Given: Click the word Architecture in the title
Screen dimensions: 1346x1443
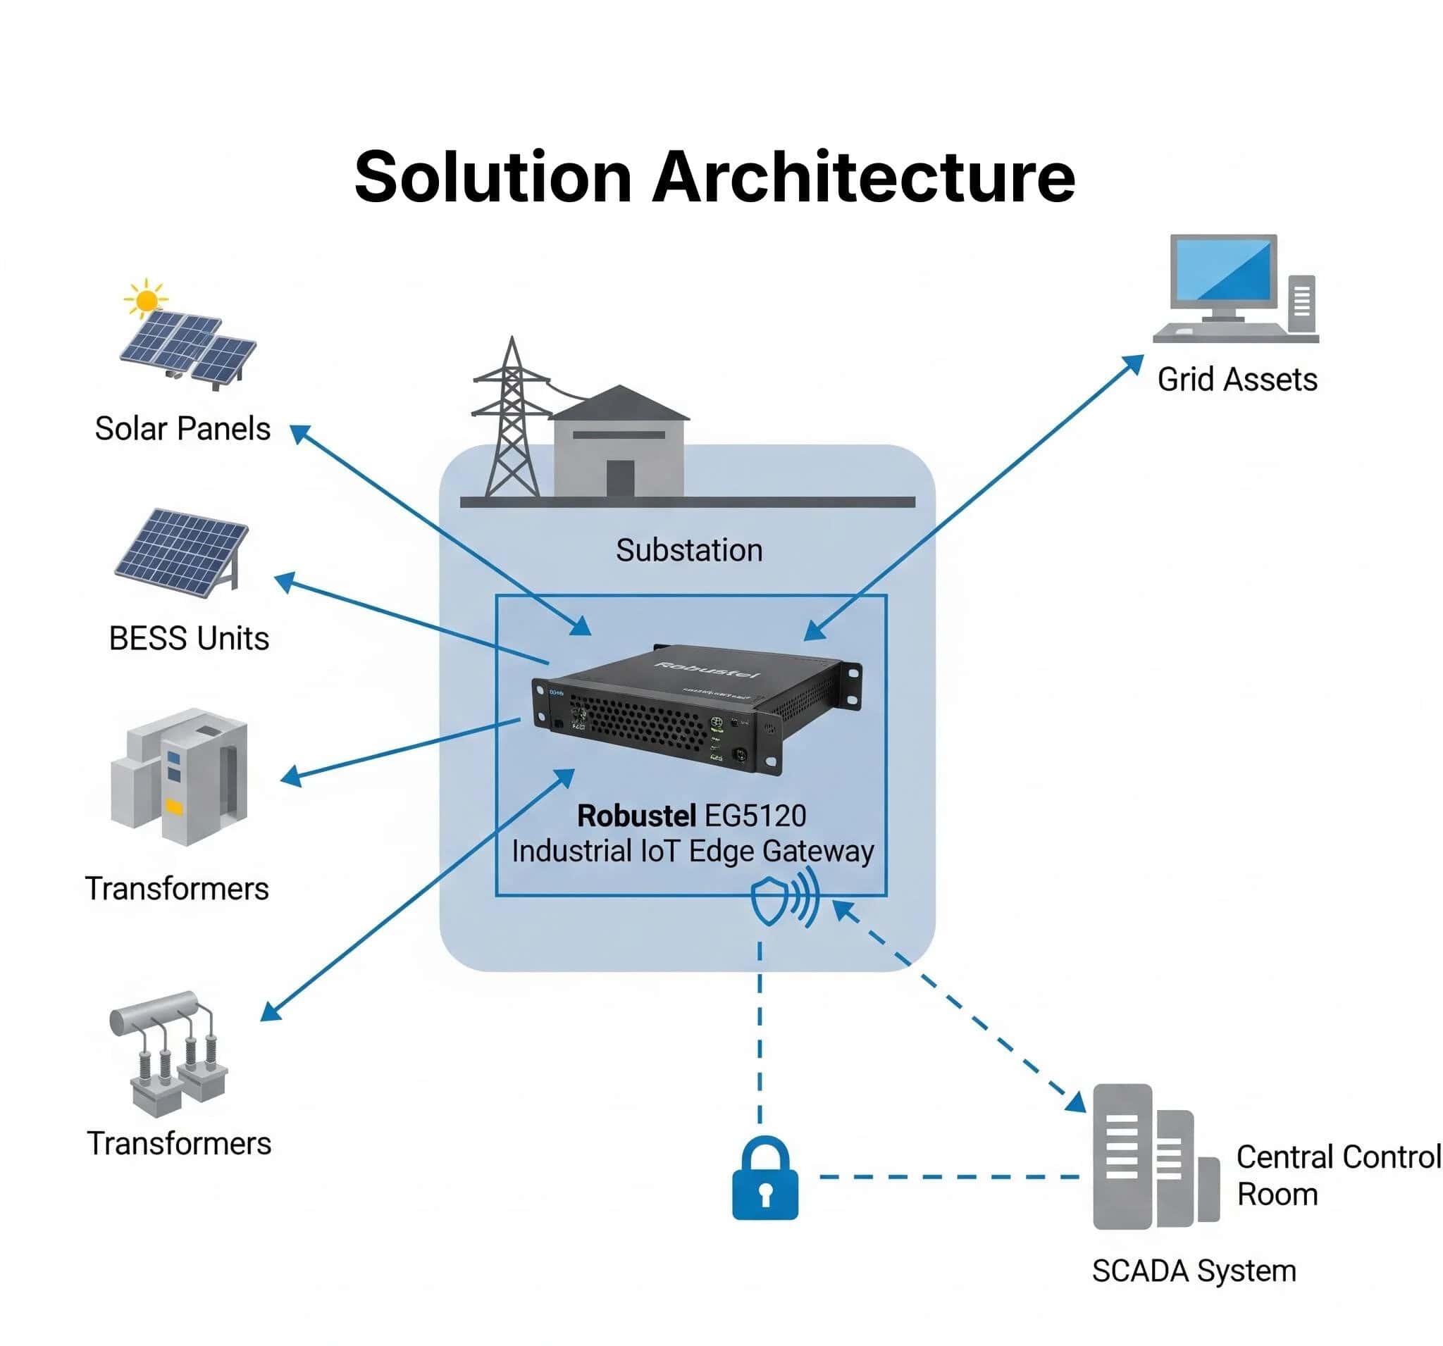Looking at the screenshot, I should click(x=863, y=177).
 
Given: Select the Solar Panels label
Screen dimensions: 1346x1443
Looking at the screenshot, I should click(x=182, y=429).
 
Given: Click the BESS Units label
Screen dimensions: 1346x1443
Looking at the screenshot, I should click(x=189, y=639).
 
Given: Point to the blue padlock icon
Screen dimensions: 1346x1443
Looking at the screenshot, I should click(x=764, y=1180).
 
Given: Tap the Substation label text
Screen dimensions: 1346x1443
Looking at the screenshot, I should click(x=689, y=550).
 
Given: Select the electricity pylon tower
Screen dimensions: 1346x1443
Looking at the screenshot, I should click(x=512, y=421).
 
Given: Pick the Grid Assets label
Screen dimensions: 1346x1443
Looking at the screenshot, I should click(x=1237, y=380).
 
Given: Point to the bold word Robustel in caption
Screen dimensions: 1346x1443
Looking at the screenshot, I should click(x=636, y=816).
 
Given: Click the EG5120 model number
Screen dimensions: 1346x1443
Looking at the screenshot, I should click(x=755, y=816).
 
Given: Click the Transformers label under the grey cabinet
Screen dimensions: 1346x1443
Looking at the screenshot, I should click(x=177, y=889).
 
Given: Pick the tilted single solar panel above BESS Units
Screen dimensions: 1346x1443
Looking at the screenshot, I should click(x=181, y=552).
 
